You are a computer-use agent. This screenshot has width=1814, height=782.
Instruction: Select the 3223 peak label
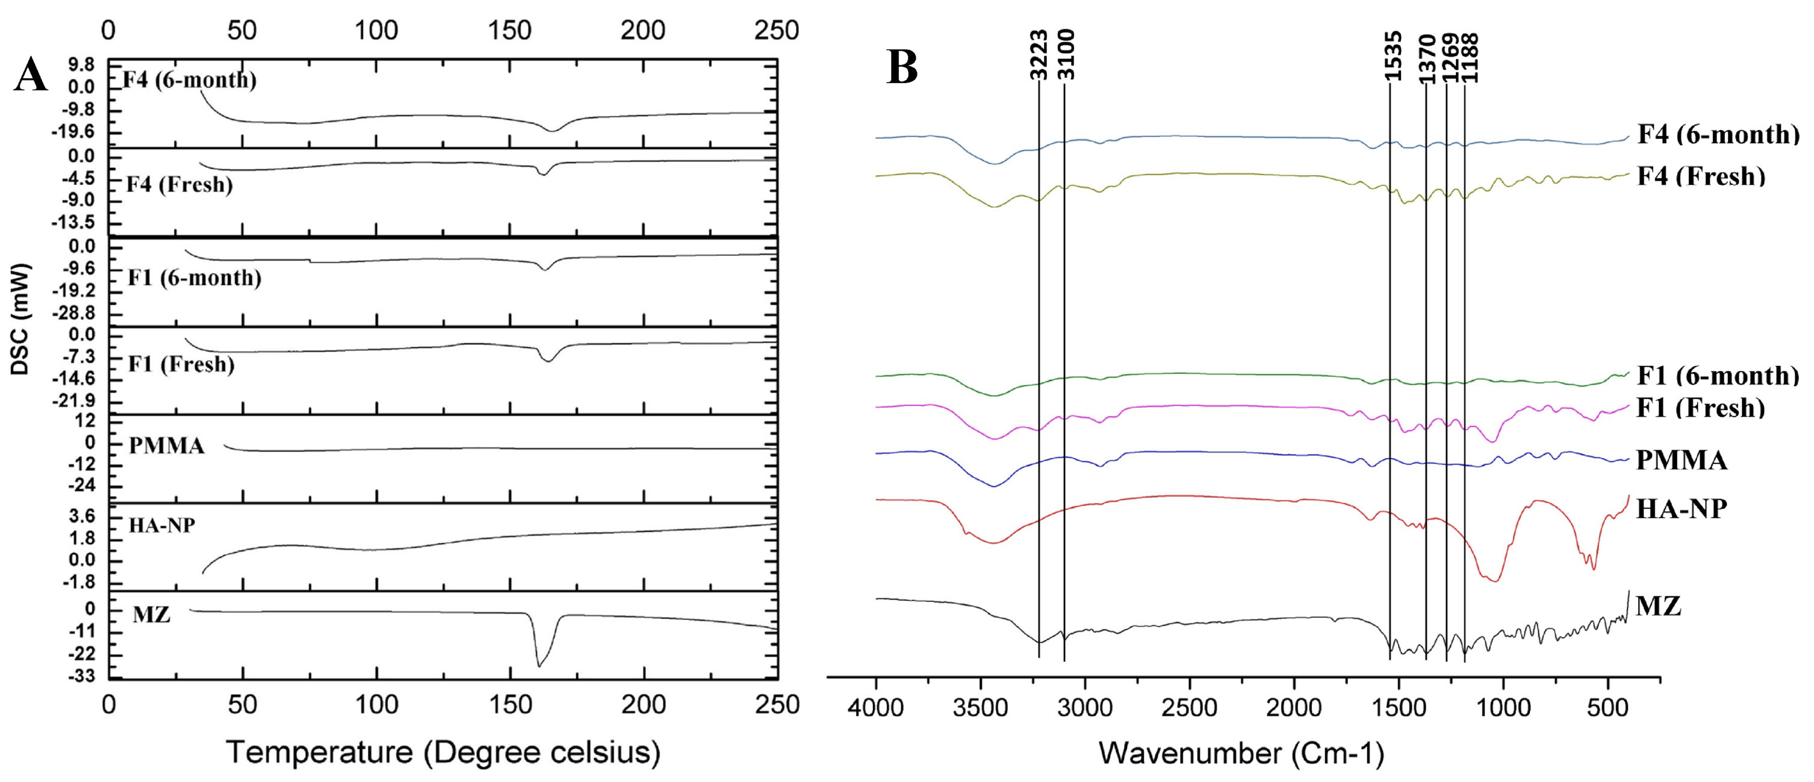point(1039,54)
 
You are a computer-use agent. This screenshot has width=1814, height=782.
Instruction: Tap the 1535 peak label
point(1392,57)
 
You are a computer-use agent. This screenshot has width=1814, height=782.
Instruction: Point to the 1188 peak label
point(1470,58)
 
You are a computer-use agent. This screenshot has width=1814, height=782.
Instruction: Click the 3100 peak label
point(1066,54)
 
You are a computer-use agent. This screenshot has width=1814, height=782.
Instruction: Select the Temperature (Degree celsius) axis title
point(443,753)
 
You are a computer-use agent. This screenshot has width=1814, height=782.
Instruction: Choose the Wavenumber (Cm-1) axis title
point(1241,753)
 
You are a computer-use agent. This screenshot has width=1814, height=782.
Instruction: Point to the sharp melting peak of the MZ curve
point(539,665)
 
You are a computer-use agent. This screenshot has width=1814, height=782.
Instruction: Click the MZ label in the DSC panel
point(151,615)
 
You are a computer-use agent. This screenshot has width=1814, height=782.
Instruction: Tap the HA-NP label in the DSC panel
point(162,525)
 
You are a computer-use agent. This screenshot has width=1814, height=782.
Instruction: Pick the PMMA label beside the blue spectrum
point(1681,461)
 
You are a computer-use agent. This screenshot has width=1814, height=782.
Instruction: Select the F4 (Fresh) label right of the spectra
point(1701,176)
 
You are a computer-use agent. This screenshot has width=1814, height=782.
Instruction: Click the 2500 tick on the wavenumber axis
point(1190,706)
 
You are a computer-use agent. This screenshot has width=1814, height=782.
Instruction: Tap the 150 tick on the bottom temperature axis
point(510,704)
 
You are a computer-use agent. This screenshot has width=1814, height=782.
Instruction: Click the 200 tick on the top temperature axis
point(644,30)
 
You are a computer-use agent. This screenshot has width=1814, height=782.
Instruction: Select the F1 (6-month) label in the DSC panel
point(194,278)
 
